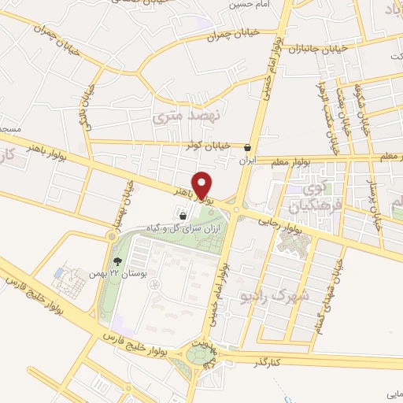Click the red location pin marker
(x=203, y=184)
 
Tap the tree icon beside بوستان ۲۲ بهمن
(x=117, y=261)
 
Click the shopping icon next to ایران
(x=248, y=147)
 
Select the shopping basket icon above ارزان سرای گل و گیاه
(x=183, y=214)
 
